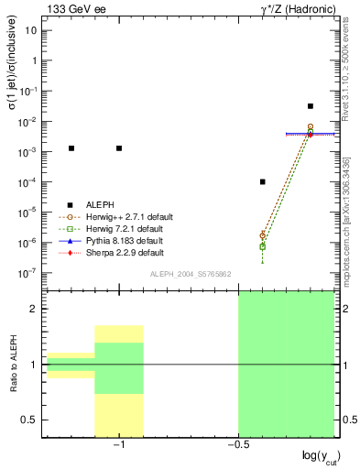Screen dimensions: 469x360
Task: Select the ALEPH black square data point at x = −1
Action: [119, 147]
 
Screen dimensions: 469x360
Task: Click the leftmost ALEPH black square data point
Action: [71, 147]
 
